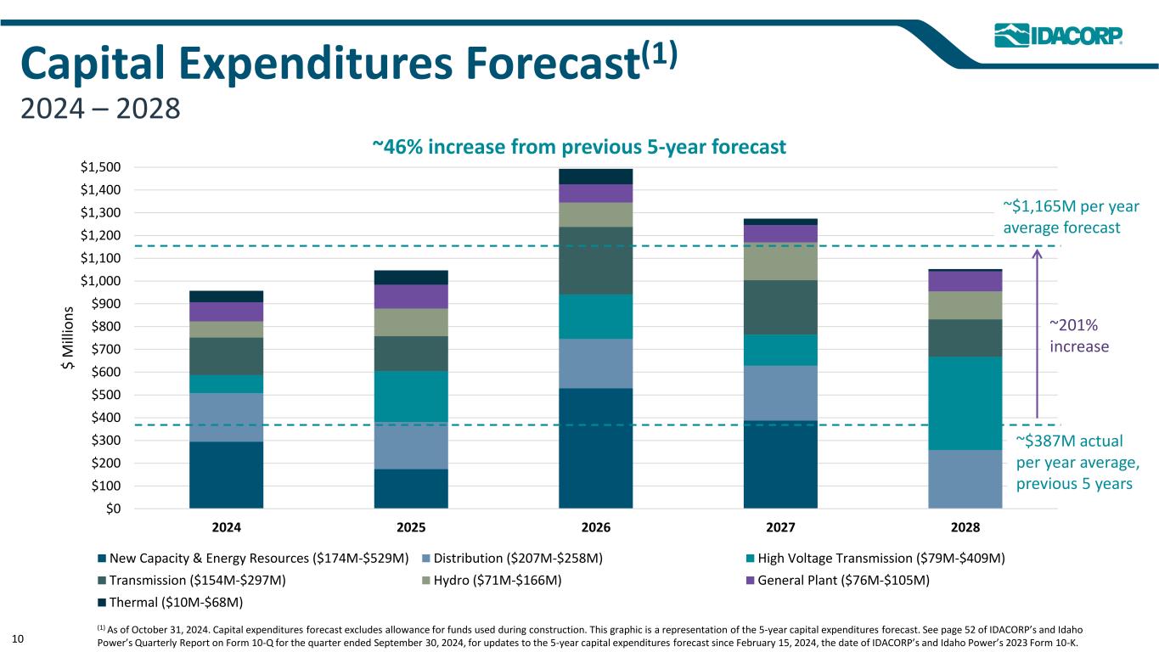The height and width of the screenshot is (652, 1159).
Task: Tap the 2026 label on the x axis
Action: [x=595, y=527]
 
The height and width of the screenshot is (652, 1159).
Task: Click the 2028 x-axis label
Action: [x=965, y=527]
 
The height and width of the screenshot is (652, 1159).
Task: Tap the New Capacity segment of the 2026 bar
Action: [x=595, y=447]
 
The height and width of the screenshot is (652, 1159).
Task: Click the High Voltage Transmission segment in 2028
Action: [x=965, y=402]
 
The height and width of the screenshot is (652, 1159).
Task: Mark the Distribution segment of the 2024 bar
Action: [x=226, y=417]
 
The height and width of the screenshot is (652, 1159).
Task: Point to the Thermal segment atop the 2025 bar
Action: [x=411, y=277]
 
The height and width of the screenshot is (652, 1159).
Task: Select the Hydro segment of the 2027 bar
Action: [x=780, y=261]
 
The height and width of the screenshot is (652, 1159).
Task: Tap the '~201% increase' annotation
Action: [x=1079, y=335]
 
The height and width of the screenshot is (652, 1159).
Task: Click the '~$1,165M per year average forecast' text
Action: [x=1071, y=216]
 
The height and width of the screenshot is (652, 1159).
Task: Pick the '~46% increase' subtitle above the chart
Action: [x=579, y=147]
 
